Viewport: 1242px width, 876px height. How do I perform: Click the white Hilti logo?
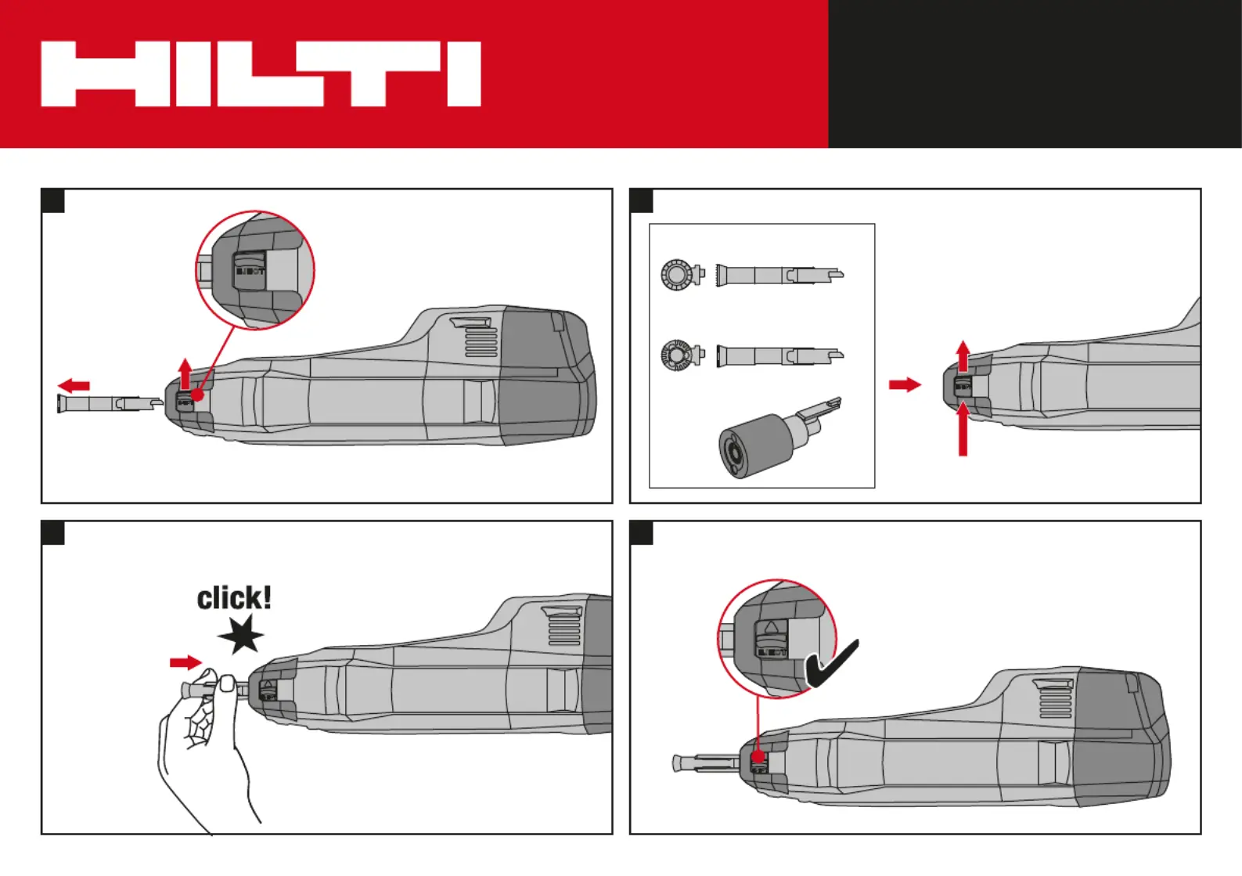tap(261, 74)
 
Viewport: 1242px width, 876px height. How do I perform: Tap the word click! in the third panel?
tap(234, 599)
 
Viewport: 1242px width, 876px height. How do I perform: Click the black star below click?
tap(241, 634)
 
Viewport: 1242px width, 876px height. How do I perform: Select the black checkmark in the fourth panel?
tap(831, 665)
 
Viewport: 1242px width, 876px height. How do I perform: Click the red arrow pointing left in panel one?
tap(74, 385)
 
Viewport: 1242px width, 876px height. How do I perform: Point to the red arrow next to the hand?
tap(185, 663)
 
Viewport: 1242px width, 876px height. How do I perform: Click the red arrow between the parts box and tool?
tap(905, 384)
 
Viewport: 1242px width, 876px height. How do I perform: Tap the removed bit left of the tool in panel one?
tap(110, 404)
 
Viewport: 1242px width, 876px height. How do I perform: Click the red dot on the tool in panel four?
tap(758, 756)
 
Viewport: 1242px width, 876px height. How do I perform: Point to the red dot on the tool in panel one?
tap(198, 395)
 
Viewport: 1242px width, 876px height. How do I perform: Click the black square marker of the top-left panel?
tap(53, 201)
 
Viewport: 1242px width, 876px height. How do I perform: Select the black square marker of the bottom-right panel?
tap(642, 533)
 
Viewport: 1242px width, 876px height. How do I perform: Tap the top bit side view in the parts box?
tap(779, 275)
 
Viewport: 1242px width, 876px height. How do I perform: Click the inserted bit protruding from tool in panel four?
tap(704, 762)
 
